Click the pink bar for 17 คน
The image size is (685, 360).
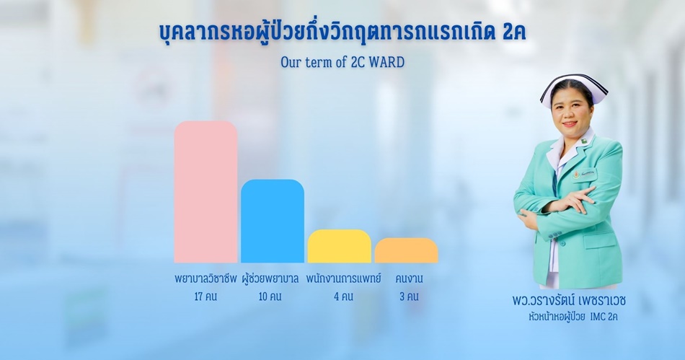pyautogui.click(x=205, y=192)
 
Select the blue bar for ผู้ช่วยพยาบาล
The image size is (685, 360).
pyautogui.click(x=273, y=221)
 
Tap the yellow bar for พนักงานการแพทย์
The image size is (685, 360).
pyautogui.click(x=340, y=246)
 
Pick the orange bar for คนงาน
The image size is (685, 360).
pyautogui.click(x=406, y=250)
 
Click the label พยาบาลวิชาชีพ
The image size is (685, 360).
pyautogui.click(x=205, y=278)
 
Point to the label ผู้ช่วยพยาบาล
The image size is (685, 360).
pyautogui.click(x=270, y=278)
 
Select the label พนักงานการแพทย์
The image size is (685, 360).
pyautogui.click(x=343, y=278)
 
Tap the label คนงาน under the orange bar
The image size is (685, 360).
pyautogui.click(x=409, y=278)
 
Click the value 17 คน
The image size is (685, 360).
pyautogui.click(x=205, y=297)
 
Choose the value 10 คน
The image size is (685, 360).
pyautogui.click(x=270, y=297)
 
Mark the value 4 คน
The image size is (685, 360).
pyautogui.click(x=343, y=297)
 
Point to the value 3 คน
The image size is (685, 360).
pyautogui.click(x=409, y=297)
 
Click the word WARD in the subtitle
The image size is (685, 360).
pyautogui.click(x=387, y=63)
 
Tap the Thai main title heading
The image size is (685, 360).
pyautogui.click(x=342, y=33)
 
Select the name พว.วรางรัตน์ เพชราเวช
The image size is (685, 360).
pyautogui.click(x=569, y=301)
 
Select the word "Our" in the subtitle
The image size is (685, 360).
pyautogui.click(x=290, y=63)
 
